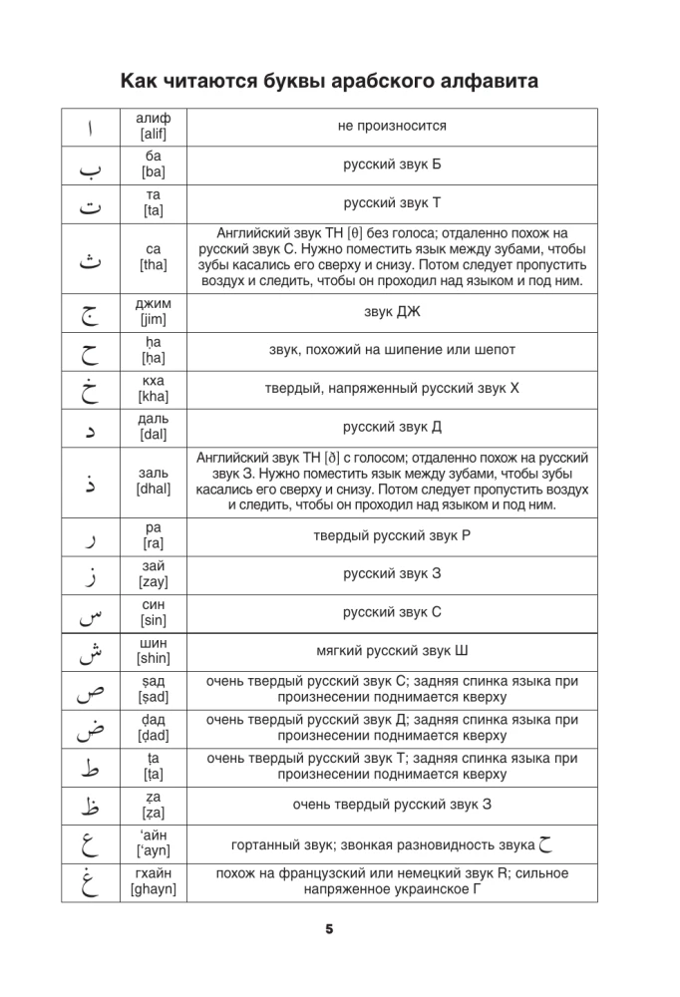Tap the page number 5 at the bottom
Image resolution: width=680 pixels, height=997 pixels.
pos(329,929)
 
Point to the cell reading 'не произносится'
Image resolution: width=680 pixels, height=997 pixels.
pos(392,127)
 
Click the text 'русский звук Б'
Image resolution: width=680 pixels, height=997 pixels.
pos(392,165)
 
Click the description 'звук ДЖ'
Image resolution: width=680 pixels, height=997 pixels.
pos(392,312)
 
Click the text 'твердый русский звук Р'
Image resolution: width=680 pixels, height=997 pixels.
pos(392,535)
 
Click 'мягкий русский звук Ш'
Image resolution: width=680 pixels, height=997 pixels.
pos(392,651)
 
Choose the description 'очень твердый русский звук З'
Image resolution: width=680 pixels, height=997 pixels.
pos(392,805)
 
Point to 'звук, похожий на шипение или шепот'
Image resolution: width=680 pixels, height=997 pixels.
pos(392,350)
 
